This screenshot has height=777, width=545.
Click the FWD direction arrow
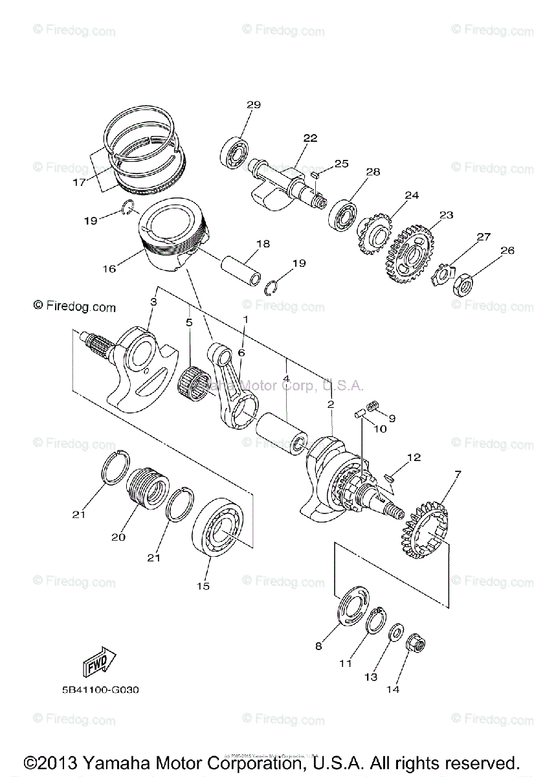98,661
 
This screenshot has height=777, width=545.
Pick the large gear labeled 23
410,254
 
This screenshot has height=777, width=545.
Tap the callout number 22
310,138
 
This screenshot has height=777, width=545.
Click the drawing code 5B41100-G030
96,690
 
